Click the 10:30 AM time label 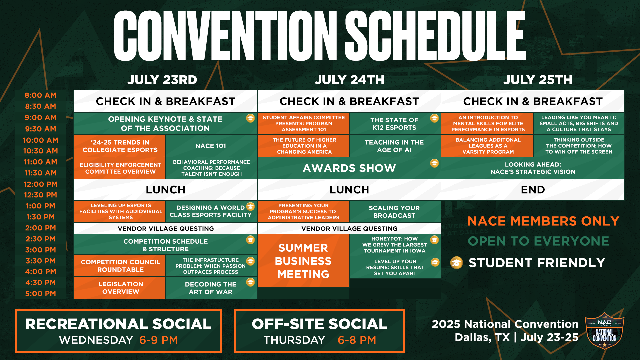pyautogui.click(x=40, y=151)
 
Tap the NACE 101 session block pyautogui.click(x=211, y=146)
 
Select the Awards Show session pyautogui.click(x=349, y=168)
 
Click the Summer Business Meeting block pyautogui.click(x=303, y=261)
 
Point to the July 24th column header pyautogui.click(x=349, y=80)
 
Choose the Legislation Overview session pyautogui.click(x=120, y=288)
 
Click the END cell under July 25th pyautogui.click(x=532, y=190)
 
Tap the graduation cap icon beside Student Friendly pyautogui.click(x=457, y=263)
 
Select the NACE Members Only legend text pyautogui.click(x=543, y=221)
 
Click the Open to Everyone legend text pyautogui.click(x=538, y=241)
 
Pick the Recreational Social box pyautogui.click(x=118, y=331)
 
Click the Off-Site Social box pyautogui.click(x=319, y=331)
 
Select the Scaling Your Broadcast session pyautogui.click(x=394, y=212)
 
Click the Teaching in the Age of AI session pyautogui.click(x=394, y=146)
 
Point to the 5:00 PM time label pyautogui.click(x=40, y=294)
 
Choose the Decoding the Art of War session pyautogui.click(x=211, y=288)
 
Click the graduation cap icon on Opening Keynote pyautogui.click(x=250, y=118)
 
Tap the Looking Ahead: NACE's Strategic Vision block pyautogui.click(x=532, y=168)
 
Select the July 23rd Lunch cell pyautogui.click(x=165, y=190)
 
